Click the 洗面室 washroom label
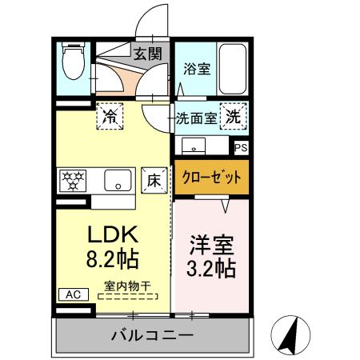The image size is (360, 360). pos(196,118)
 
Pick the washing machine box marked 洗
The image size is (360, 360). pos(232,117)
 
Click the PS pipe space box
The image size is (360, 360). pos(240,147)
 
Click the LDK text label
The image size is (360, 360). pos(113,234)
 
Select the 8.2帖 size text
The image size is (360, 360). pos(113,259)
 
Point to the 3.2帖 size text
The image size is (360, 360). pos(212,266)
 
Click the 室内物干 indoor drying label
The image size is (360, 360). pos(127,285)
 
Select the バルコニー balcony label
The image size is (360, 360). pos(152,334)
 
